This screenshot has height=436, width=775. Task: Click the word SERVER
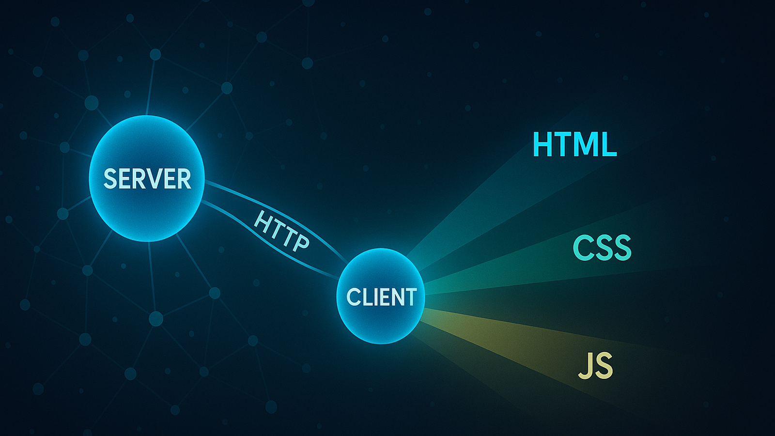coord(147,179)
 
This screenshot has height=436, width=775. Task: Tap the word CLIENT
coord(381,297)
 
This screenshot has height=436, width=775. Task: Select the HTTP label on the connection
coord(281,231)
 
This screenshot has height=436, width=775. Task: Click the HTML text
coord(574,144)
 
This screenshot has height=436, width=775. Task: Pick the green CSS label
coord(602,248)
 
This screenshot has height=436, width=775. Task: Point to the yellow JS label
coord(596,366)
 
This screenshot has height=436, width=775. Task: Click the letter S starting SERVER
coord(111,179)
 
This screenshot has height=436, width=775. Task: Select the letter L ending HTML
coord(608,144)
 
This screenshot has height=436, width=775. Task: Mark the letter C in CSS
coord(583,248)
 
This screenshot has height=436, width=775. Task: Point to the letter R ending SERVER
coord(184,179)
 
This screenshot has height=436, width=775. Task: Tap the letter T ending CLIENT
coord(411,297)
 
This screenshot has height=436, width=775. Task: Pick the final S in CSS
coord(622,248)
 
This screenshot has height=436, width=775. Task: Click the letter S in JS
coord(604,366)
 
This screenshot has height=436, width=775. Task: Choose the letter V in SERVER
coord(154,179)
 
